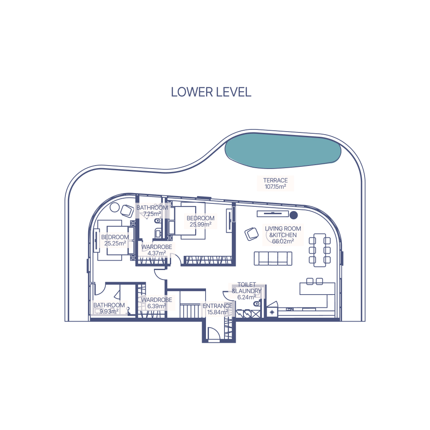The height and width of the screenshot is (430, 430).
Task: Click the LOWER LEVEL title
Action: pos(211,92)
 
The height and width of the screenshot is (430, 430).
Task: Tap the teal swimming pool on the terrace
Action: pos(283,150)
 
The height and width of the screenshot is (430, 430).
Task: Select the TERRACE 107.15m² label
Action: pos(275,184)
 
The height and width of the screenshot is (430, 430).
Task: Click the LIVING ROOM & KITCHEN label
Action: pos(283,235)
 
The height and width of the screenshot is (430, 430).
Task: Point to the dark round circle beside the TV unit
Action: pos(294,215)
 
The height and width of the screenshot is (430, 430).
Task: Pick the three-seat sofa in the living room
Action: pos(273,258)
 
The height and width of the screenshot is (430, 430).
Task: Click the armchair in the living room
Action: pos(252,234)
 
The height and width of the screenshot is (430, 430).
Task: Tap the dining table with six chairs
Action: pos(320,250)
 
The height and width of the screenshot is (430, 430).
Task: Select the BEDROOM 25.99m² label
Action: pos(200,221)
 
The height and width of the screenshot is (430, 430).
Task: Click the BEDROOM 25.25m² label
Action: pos(115,240)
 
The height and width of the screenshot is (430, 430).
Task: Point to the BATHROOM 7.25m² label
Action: pos(152,211)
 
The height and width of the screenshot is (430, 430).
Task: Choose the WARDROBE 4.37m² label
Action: pos(157,250)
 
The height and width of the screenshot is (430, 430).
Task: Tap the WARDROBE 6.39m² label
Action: pos(157,303)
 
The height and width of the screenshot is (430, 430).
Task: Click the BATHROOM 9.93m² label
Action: pos(109,308)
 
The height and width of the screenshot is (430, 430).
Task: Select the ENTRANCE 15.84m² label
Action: pos(218,309)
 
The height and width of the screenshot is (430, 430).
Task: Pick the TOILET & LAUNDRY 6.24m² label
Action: pos(246,291)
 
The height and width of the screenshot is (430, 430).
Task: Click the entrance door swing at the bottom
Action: pos(214,333)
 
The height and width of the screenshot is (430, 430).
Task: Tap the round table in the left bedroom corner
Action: pos(115,207)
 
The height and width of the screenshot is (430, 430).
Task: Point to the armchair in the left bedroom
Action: pos(127,211)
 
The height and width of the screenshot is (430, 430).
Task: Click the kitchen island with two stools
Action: pos(317,288)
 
